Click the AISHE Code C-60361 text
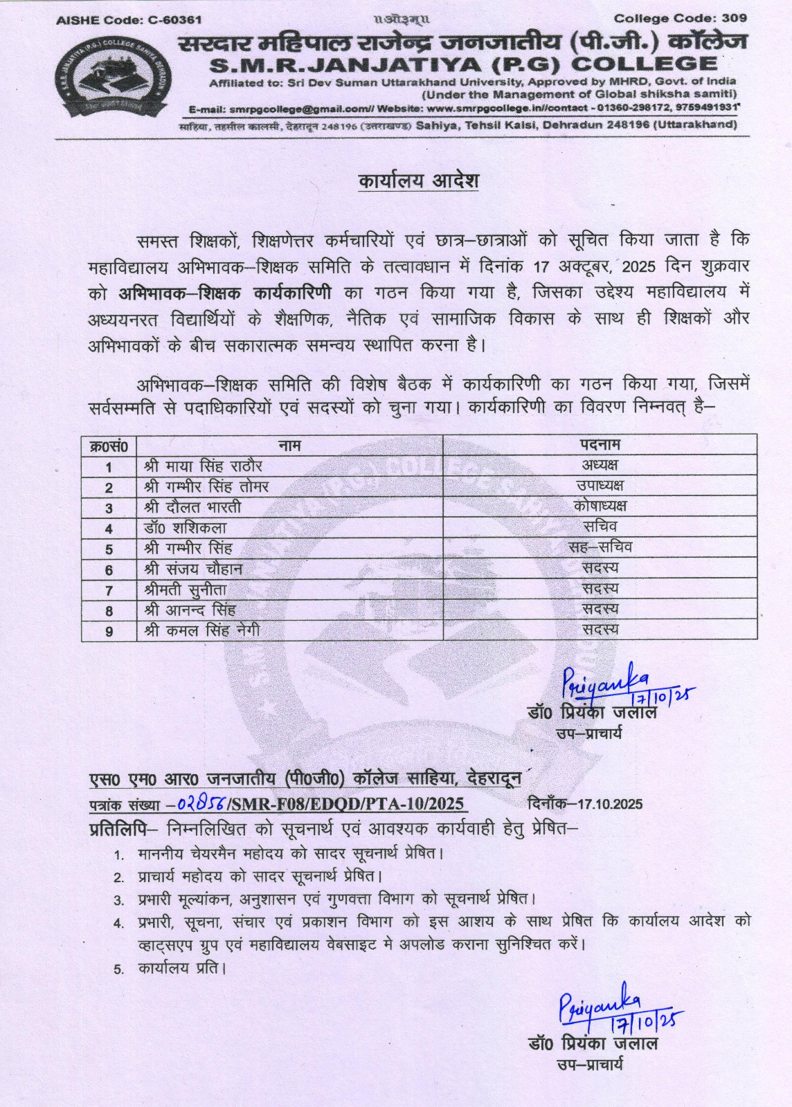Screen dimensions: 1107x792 [129, 20]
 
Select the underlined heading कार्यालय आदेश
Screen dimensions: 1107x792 [418, 181]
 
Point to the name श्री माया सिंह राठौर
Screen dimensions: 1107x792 [203, 466]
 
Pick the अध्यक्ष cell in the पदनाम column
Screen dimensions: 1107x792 [600, 465]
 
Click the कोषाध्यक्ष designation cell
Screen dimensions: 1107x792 [600, 506]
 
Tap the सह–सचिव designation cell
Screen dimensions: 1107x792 [600, 547]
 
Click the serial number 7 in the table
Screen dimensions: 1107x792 [109, 590]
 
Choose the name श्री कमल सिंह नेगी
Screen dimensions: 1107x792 [201, 630]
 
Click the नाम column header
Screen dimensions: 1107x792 [289, 445]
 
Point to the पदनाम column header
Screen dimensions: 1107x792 [600, 444]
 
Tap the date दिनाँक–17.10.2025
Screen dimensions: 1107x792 [584, 804]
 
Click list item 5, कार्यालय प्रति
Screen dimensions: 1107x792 [181, 968]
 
